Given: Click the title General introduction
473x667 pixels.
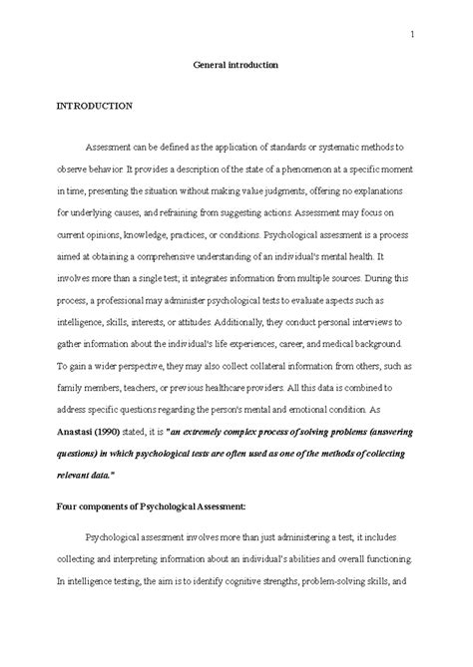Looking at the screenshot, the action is tap(236, 65).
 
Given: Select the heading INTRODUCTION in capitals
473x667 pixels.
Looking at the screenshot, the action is tap(95, 103).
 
